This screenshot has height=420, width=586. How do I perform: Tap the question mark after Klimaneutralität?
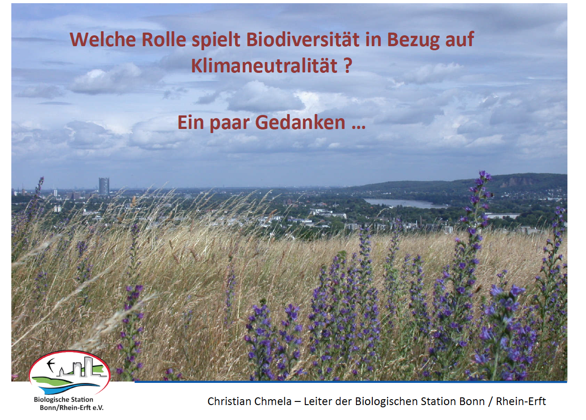pyautogui.click(x=347, y=66)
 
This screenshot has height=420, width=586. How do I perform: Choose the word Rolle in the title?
pyautogui.click(x=163, y=39)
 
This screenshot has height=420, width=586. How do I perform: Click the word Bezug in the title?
pyautogui.click(x=413, y=40)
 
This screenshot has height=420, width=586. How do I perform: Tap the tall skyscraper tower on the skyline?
pyautogui.click(x=104, y=186)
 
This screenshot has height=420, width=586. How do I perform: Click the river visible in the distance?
pyautogui.click(x=403, y=203)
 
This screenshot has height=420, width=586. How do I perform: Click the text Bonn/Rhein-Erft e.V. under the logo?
pyautogui.click(x=72, y=408)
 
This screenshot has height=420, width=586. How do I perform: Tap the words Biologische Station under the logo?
pyautogui.click(x=63, y=400)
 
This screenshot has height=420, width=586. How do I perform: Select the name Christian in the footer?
pyautogui.click(x=228, y=401)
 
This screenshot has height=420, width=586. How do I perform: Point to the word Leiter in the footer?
pyautogui.click(x=317, y=401)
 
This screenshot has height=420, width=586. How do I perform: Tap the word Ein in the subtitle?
pyautogui.click(x=190, y=122)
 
